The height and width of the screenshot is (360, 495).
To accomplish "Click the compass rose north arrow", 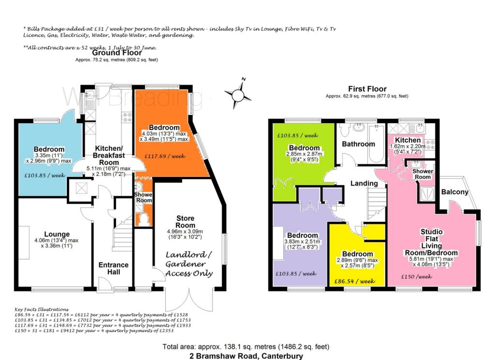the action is click(238, 94).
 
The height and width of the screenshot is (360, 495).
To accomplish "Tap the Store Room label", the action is click(185, 222).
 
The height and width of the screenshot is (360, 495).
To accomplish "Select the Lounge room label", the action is click(57, 234).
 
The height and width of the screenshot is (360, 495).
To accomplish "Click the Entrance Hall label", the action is click(113, 268).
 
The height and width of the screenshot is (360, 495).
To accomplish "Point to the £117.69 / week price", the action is click(165, 156).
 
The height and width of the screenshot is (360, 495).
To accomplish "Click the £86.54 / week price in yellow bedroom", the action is click(354, 281).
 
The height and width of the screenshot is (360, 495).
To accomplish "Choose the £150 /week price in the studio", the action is click(416, 277).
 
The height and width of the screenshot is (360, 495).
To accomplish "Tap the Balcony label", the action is click(454, 192).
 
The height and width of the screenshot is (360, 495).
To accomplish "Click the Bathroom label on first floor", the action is click(358, 144).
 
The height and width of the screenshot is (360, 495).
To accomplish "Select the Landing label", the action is click(364, 183).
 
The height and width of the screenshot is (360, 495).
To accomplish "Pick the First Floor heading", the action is click(367, 89).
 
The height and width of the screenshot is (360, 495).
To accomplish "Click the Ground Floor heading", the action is click(117, 53).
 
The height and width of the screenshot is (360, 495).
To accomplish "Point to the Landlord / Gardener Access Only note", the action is click(189, 264).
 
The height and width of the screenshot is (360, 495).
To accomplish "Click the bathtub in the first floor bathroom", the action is click(376, 144).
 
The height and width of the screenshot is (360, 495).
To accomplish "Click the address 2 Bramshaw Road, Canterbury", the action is click(246, 356).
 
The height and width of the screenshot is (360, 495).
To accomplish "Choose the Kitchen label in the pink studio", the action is click(408, 140).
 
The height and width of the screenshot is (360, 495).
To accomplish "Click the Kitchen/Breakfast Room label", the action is click(109, 155).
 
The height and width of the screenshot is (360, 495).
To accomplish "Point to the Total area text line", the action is click(246, 347).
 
